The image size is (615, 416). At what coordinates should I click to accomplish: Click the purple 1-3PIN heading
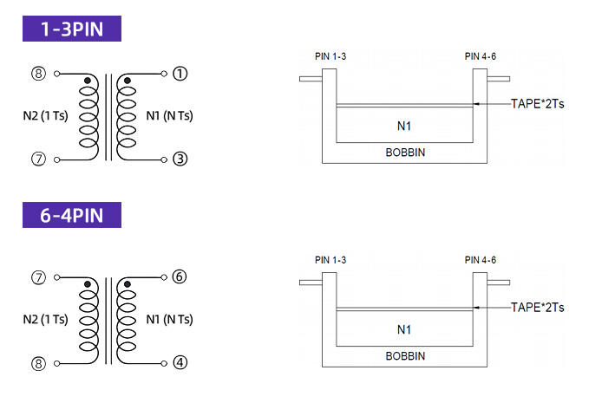(x=72, y=29)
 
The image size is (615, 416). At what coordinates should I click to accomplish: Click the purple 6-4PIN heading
(x=72, y=215)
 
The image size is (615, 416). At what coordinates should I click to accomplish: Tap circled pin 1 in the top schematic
(x=180, y=74)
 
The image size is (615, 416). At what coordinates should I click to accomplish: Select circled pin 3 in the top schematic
(x=180, y=159)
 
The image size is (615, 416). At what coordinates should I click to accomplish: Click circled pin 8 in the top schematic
(x=38, y=74)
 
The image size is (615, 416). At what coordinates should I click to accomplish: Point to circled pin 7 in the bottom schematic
(x=38, y=277)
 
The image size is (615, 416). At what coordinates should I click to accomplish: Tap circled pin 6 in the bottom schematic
(x=180, y=277)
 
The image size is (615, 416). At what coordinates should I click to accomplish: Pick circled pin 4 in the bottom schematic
(x=180, y=363)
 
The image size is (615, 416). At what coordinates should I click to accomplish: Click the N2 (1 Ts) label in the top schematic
(x=45, y=116)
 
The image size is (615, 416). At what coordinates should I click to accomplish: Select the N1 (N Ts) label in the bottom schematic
(x=169, y=320)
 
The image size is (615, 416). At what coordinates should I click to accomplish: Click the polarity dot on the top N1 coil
(x=128, y=81)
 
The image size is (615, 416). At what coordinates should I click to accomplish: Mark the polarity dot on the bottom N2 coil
(x=88, y=284)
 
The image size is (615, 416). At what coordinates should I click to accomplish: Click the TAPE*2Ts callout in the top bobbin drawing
(x=537, y=104)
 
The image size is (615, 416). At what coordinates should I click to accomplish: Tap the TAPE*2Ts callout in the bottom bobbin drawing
(x=537, y=308)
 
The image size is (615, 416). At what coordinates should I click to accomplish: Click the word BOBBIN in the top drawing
(x=405, y=153)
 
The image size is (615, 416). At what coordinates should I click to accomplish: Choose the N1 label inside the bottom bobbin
(x=404, y=330)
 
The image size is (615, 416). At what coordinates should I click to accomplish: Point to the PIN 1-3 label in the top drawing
(x=330, y=56)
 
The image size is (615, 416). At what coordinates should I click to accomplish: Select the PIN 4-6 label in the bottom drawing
(x=481, y=260)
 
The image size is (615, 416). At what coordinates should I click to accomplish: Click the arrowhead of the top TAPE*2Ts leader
(x=475, y=104)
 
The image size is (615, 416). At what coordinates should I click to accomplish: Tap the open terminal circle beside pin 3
(x=164, y=159)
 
